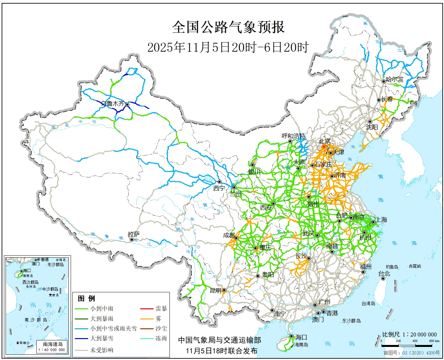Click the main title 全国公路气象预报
(x=228, y=27)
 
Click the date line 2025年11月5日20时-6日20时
(x=228, y=47)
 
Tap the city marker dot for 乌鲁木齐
(x=127, y=105)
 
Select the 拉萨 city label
(x=134, y=234)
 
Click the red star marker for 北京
(x=324, y=147)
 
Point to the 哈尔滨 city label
(x=395, y=79)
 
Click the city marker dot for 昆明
(x=224, y=290)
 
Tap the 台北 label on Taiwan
(x=384, y=273)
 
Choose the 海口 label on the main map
(x=301, y=337)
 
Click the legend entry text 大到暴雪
(x=102, y=338)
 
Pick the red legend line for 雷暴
(x=147, y=309)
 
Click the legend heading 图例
(x=86, y=298)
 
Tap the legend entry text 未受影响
(x=102, y=350)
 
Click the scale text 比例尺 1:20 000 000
(x=409, y=334)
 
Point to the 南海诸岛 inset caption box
(x=53, y=347)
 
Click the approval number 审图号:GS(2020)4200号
(x=412, y=353)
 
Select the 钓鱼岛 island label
(x=392, y=267)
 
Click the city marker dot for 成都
(x=236, y=238)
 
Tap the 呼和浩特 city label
(x=293, y=136)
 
